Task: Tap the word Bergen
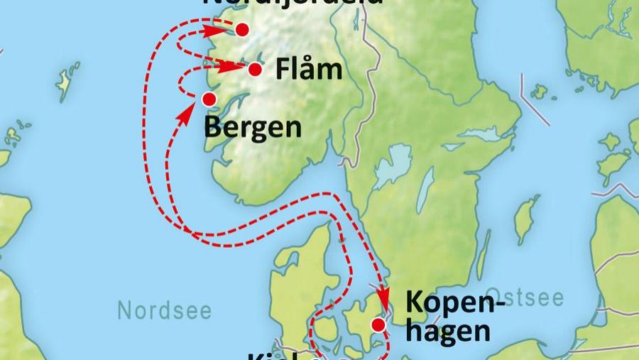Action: point(252,129)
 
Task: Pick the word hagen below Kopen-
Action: point(448,331)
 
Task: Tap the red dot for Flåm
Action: point(255,69)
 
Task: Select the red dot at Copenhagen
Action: point(378,324)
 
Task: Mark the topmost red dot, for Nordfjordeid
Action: point(242,29)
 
